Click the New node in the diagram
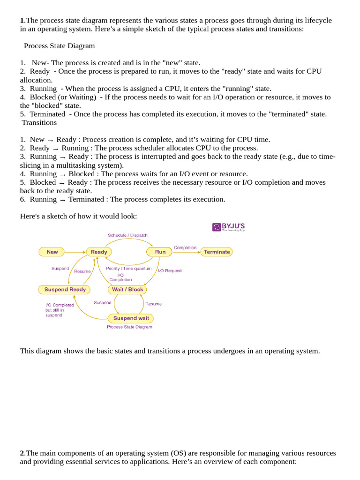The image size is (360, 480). [x=52, y=252]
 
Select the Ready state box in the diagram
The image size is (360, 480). [x=99, y=252]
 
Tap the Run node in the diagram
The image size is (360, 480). [x=160, y=252]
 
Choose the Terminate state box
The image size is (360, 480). [x=217, y=252]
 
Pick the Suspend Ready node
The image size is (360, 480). [x=65, y=290]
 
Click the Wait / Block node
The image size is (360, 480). [x=127, y=290]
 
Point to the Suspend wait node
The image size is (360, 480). [x=131, y=318]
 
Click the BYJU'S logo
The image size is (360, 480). [x=229, y=227]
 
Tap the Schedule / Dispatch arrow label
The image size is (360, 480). [x=127, y=235]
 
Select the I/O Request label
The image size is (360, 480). [x=170, y=270]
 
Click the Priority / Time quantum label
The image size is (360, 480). [x=129, y=269]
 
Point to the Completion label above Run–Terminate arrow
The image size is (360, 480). [x=185, y=247]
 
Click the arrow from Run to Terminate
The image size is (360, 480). [x=186, y=252]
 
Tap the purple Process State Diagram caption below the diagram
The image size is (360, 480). [x=129, y=327]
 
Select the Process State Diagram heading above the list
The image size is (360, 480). [x=59, y=46]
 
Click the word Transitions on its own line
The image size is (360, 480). [x=39, y=122]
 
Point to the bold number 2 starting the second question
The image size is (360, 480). [x=22, y=453]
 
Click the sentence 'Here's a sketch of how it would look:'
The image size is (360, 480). [x=78, y=216]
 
